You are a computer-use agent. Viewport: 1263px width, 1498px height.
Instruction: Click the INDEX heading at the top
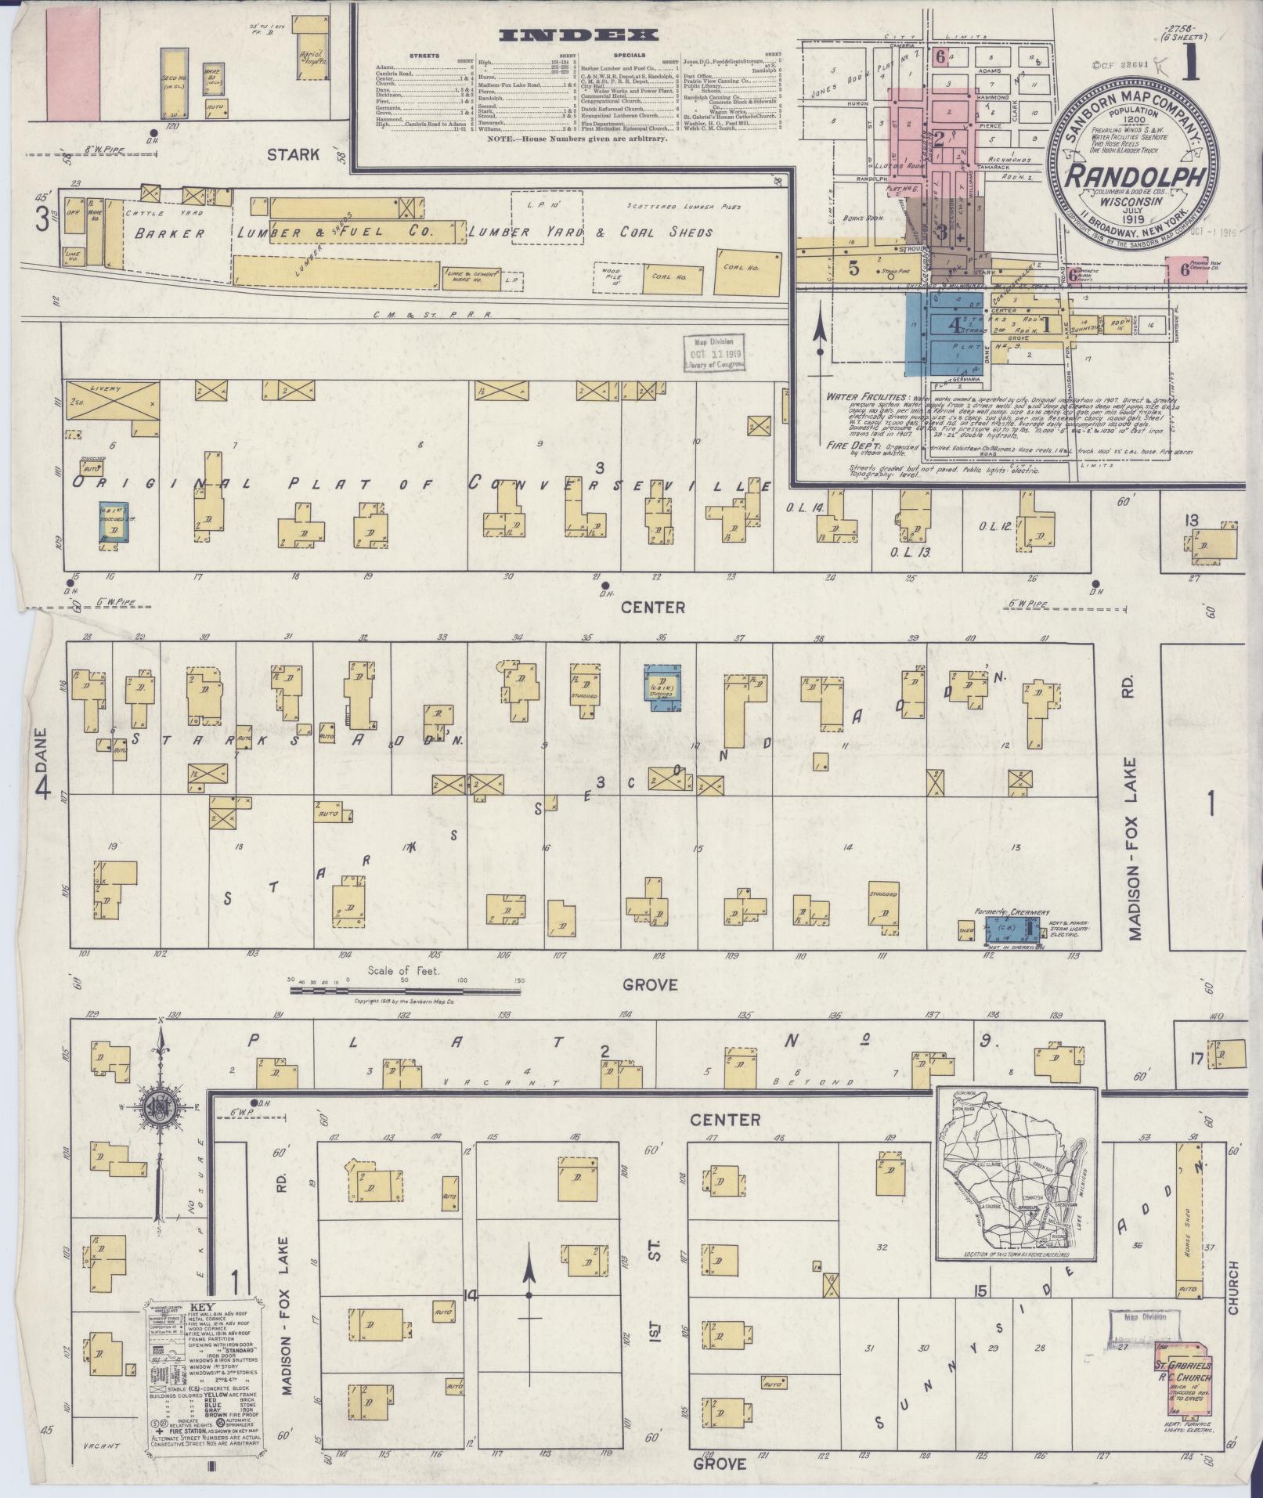click(577, 35)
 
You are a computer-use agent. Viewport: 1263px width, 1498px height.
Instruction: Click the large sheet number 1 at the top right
click(1191, 67)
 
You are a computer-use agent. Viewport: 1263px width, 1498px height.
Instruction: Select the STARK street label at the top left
click(294, 153)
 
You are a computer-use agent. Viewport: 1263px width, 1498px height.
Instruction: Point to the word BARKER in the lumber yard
click(169, 233)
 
